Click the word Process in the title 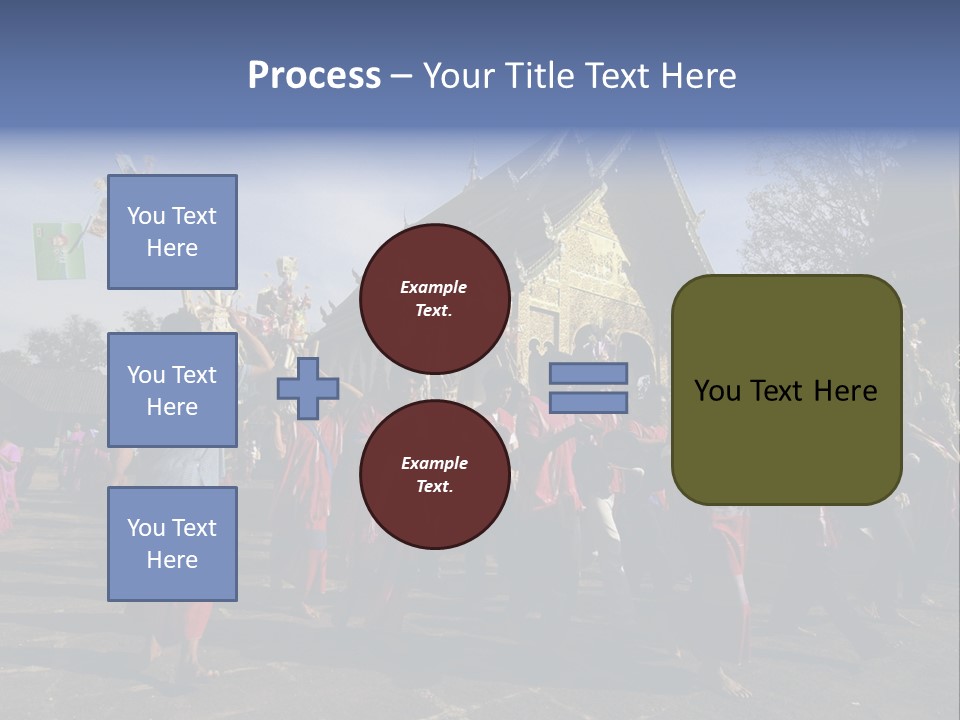(x=314, y=76)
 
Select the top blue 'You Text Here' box (x=172, y=232)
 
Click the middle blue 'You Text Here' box (x=172, y=390)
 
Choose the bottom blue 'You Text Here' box (x=172, y=544)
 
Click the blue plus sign (x=308, y=388)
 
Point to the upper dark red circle (x=434, y=299)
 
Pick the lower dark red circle (x=434, y=475)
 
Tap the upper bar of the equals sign (x=589, y=374)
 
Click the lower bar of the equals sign (x=589, y=403)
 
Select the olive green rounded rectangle (x=786, y=390)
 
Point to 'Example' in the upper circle (x=434, y=288)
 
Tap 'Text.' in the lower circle (x=434, y=487)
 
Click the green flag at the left (x=59, y=251)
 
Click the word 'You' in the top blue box (x=146, y=216)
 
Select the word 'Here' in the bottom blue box (x=172, y=560)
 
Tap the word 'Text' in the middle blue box (x=194, y=375)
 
